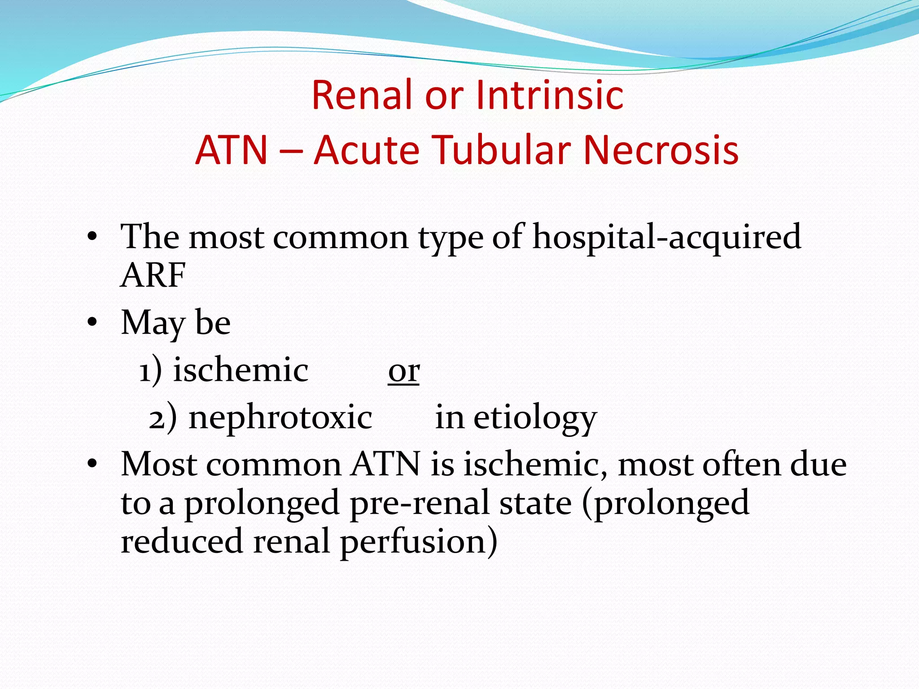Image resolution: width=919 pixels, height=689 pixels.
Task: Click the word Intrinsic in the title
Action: pyautogui.click(x=550, y=95)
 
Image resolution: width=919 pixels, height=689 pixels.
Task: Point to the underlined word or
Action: pyautogui.click(x=404, y=371)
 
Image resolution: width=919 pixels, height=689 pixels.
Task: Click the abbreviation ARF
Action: pyautogui.click(x=153, y=275)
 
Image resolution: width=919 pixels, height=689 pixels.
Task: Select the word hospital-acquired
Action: pyautogui.click(x=666, y=237)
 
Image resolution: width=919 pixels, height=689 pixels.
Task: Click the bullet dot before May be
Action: pyautogui.click(x=92, y=322)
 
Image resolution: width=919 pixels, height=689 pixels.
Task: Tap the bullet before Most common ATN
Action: pyautogui.click(x=92, y=464)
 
